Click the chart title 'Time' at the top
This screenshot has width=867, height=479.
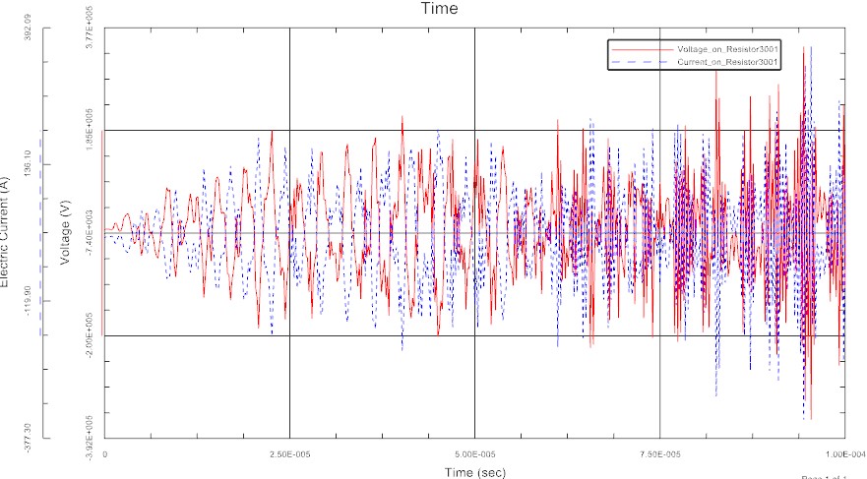pos(438,9)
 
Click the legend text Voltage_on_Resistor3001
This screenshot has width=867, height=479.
pos(727,48)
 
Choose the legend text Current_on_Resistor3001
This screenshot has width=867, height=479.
pos(727,62)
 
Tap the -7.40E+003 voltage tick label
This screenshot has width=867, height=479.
pos(89,233)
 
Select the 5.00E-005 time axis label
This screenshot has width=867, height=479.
pos(474,455)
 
